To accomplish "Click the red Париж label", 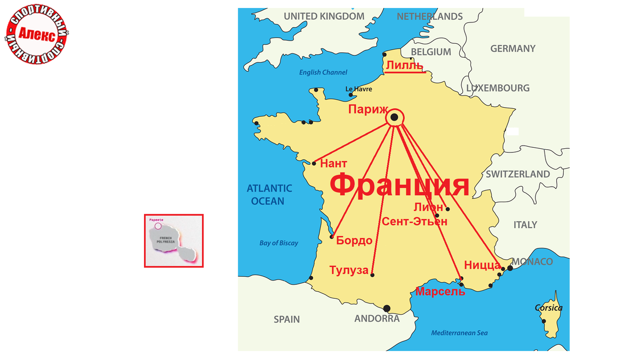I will (x=367, y=109).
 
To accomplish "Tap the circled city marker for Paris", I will (x=394, y=117).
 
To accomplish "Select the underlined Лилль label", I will (x=405, y=66).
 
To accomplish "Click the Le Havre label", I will (x=358, y=89).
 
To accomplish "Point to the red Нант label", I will (x=333, y=163).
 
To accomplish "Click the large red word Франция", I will (x=399, y=185).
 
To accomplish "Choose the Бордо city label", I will (x=354, y=241).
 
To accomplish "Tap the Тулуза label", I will (x=349, y=270).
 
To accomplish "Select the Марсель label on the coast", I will (x=440, y=292).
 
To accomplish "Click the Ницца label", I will (x=482, y=265).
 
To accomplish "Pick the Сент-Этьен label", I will (x=414, y=222).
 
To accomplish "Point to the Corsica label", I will (x=548, y=308).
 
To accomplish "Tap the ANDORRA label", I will (x=377, y=318).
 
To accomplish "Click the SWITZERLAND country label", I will (x=517, y=174).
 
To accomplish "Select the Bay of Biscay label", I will (x=279, y=243).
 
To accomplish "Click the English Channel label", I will (x=323, y=73).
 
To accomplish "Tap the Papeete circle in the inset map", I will (x=158, y=226).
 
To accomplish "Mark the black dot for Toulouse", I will (x=372, y=275).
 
